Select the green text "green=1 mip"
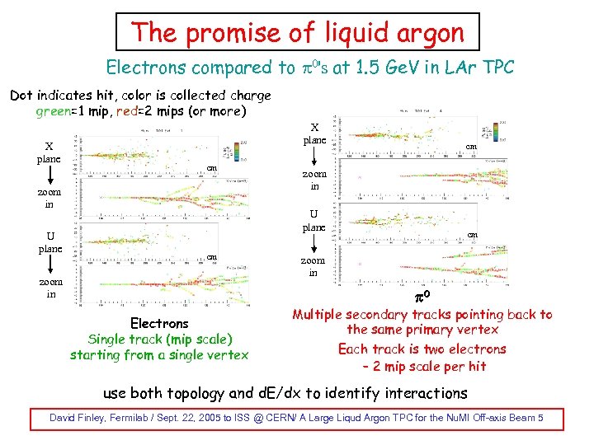69,110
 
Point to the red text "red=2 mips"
143,110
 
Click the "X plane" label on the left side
49,153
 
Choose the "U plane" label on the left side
49,242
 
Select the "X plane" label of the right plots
314,134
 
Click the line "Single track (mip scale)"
160,340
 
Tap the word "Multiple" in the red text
321,314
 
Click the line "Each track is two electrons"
422,349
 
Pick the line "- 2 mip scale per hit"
424,366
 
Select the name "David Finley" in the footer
78,419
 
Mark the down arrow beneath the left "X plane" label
49,176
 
